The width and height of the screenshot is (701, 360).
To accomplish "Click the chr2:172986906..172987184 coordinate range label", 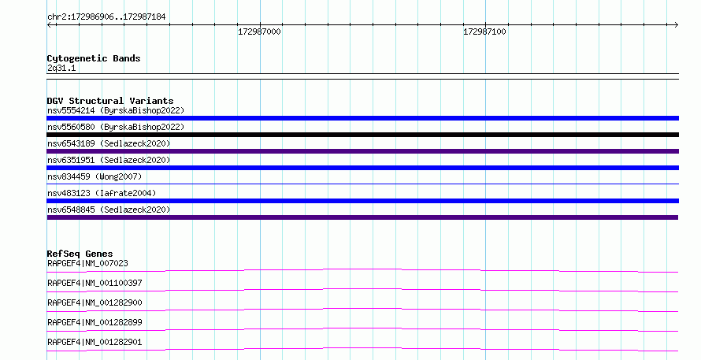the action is [x=106, y=17].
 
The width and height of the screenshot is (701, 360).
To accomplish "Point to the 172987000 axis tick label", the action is [x=259, y=32].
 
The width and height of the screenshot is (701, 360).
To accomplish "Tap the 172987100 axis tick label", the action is [x=484, y=32].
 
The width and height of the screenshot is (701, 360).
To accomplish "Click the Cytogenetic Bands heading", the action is [x=94, y=58].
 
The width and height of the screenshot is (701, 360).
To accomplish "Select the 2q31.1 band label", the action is [x=61, y=68].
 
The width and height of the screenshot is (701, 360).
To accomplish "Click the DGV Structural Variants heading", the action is [x=110, y=101].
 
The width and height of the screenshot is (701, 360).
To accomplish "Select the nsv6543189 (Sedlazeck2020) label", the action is [x=109, y=143].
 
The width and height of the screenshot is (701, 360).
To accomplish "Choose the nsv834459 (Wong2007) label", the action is [x=95, y=176].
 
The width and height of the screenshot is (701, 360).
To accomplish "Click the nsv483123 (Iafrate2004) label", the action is [x=102, y=193].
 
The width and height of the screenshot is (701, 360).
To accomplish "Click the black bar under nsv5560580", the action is [x=362, y=135].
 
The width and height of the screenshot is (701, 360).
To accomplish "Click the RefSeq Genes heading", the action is [x=80, y=254].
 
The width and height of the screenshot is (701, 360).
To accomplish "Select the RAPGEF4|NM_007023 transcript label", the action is [x=87, y=263].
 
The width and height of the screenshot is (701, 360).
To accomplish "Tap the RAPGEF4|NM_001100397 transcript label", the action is [x=95, y=283].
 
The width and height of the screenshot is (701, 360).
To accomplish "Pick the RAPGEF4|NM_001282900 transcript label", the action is [x=95, y=302].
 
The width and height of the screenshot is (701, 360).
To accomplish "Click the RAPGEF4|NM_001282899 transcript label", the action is [x=95, y=322].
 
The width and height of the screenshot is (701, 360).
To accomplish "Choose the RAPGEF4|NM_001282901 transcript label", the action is [x=95, y=342].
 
